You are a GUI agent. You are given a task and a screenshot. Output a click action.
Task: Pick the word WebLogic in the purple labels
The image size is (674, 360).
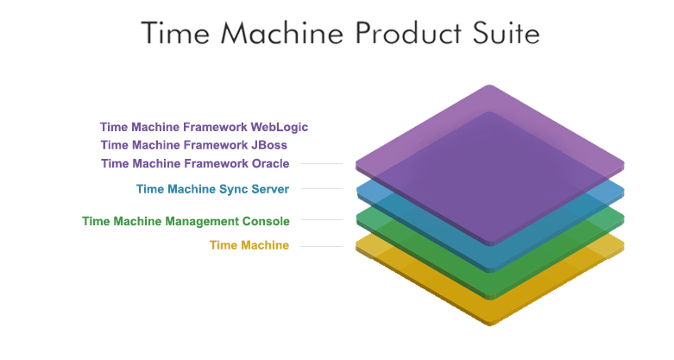(277, 127)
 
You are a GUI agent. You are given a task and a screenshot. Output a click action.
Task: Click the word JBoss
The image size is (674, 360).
(267, 145)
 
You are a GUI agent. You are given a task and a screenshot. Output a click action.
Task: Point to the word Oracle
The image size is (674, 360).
(268, 163)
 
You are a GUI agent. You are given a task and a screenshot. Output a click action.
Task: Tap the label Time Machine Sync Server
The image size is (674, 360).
(212, 189)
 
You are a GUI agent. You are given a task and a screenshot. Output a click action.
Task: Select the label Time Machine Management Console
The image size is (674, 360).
(186, 221)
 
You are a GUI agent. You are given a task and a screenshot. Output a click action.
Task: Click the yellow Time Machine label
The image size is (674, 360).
(249, 245)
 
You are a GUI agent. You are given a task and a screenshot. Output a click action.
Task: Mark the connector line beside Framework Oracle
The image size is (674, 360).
(322, 164)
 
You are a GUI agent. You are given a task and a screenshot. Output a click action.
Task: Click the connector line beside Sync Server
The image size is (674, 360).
(322, 189)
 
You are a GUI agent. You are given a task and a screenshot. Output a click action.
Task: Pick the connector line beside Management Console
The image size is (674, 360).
(322, 220)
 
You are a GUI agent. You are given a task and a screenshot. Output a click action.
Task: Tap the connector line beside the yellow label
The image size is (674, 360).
(322, 246)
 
